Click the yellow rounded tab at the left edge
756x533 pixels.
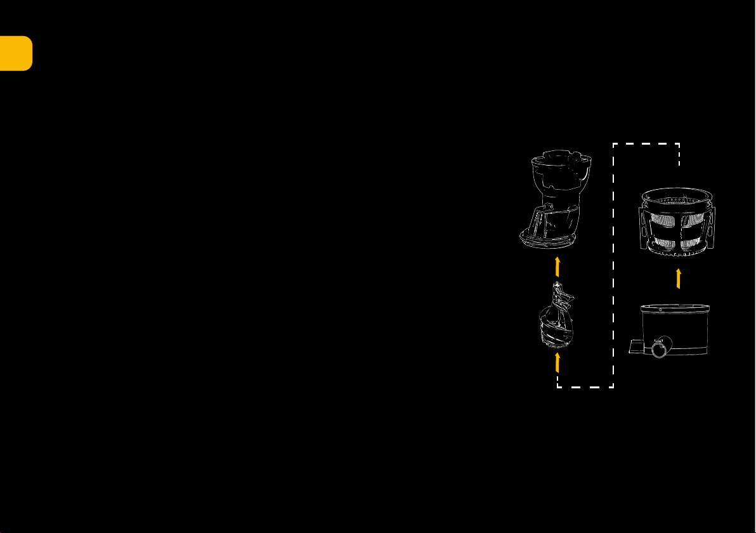click(x=16, y=53)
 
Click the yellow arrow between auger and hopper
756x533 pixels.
click(x=557, y=266)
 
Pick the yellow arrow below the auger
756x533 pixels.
click(x=557, y=362)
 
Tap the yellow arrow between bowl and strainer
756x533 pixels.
click(x=679, y=278)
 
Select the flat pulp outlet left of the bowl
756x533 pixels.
click(x=636, y=346)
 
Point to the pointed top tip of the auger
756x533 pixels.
click(x=557, y=286)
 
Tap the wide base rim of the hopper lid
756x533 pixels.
click(x=549, y=239)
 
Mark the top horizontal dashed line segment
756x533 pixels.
click(x=646, y=144)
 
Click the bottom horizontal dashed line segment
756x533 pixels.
click(x=585, y=386)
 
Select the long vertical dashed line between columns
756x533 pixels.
click(x=613, y=266)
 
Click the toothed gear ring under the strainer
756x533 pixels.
click(x=677, y=254)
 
